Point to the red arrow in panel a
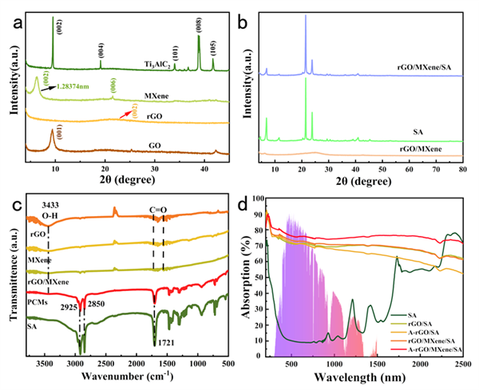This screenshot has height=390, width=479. click(x=125, y=116)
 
